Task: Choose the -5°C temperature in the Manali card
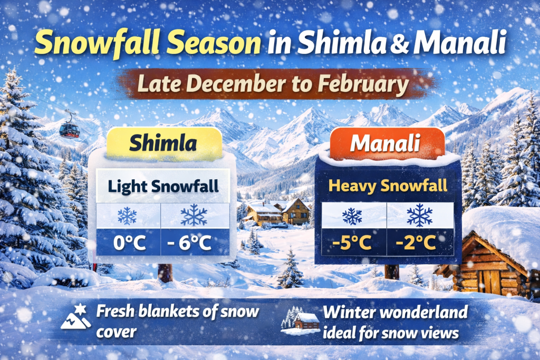pos(353,243)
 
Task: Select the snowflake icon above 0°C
pos(128,216)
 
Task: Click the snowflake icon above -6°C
pos(194,215)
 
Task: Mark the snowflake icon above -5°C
pos(353,216)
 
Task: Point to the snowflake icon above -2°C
pos(420,215)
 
